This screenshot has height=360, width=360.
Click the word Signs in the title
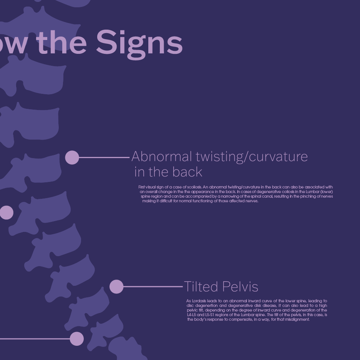tap(139, 42)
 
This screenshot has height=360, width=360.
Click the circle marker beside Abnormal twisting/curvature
tap(72, 157)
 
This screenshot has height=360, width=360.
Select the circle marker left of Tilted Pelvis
tap(116, 287)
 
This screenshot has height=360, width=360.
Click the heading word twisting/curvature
tap(252, 157)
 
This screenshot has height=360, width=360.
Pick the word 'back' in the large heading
tap(186, 172)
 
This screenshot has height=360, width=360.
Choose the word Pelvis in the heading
tap(240, 287)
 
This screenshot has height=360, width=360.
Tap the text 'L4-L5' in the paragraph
tap(191, 315)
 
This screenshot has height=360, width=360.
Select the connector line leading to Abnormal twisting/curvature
tap(104, 157)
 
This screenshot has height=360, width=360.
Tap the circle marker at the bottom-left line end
tap(77, 339)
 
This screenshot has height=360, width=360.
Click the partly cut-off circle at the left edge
tap(6, 213)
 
